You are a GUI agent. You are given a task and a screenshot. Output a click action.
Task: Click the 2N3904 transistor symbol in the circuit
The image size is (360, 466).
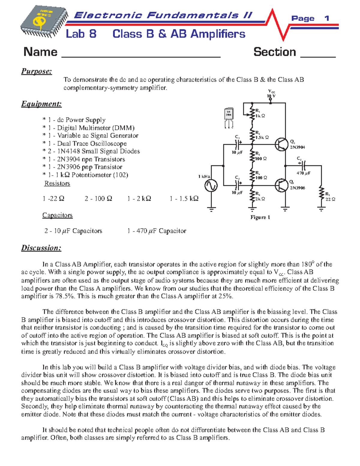click(281, 144)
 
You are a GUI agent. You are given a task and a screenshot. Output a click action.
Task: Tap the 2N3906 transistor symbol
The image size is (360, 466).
click(281, 185)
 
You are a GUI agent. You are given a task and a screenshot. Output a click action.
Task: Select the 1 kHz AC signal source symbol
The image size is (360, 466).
click(211, 185)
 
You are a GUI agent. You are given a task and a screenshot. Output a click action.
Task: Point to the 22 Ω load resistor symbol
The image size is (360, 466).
click(321, 193)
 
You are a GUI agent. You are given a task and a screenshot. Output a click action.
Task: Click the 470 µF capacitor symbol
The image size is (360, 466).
click(303, 165)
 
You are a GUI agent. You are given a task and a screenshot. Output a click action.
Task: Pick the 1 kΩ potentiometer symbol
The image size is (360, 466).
click(251, 113)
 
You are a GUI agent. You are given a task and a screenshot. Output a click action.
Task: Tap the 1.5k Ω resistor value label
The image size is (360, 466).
click(262, 137)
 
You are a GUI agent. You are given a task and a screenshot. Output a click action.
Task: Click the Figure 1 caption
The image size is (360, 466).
click(260, 217)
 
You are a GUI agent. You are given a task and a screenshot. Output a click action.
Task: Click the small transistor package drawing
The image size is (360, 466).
click(229, 118)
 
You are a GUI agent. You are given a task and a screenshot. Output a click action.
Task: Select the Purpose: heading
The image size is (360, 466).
click(36, 71)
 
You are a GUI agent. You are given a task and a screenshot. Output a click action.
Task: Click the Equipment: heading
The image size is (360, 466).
click(41, 104)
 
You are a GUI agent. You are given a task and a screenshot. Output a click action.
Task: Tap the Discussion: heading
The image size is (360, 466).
click(41, 248)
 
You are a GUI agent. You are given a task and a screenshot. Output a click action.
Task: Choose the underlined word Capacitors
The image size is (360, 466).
click(57, 215)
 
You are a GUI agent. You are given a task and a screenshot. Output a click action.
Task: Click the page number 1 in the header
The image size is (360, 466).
click(327, 18)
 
